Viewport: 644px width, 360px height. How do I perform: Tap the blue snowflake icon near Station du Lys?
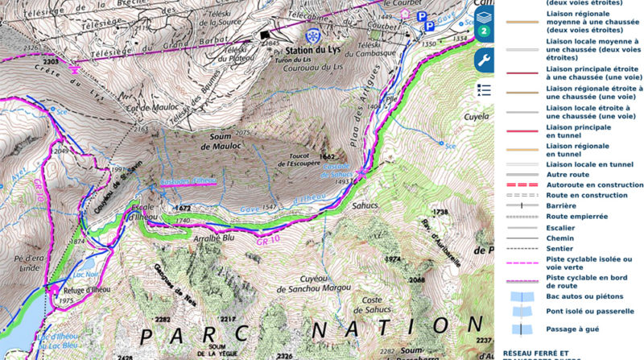point(312,36)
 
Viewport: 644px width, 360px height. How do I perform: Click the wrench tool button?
point(483,60)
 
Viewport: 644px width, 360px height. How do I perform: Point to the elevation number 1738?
point(440,212)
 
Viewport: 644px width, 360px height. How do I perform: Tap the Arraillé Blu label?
point(213,238)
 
